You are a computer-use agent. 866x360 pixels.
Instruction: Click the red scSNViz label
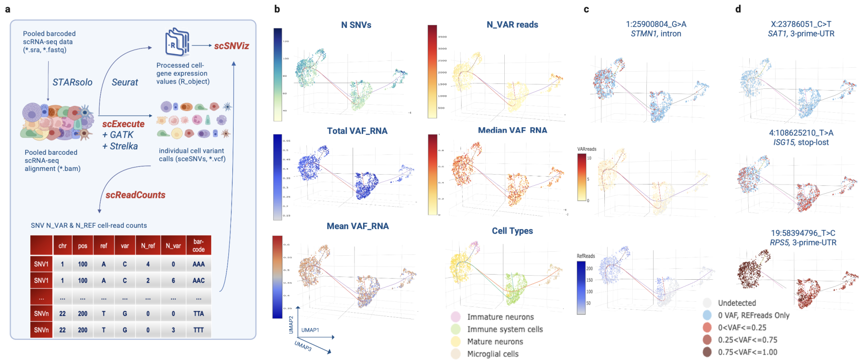click(231, 46)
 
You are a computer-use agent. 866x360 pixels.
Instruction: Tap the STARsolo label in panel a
click(72, 82)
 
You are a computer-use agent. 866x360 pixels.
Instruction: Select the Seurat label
click(125, 82)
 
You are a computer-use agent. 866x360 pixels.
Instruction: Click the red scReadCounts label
click(135, 195)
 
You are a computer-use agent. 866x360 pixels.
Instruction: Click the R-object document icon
click(177, 42)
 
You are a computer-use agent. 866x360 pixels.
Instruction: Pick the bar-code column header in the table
click(198, 245)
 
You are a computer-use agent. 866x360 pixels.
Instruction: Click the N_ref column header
click(148, 246)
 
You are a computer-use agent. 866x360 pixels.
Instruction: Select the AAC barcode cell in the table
click(198, 281)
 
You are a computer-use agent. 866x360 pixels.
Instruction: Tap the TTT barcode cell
click(198, 330)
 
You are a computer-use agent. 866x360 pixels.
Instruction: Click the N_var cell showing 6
click(173, 281)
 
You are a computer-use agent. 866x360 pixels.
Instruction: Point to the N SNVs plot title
click(356, 25)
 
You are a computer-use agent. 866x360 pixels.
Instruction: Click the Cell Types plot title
click(512, 231)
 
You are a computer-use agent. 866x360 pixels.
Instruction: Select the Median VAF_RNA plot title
click(512, 130)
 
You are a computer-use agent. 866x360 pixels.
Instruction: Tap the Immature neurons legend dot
click(456, 317)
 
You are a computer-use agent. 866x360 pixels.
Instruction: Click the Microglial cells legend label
click(493, 354)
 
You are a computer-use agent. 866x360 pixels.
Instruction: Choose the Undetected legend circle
click(707, 303)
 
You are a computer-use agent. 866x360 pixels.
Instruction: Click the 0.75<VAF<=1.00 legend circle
click(707, 352)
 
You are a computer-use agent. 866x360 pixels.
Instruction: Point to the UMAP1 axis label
click(310, 330)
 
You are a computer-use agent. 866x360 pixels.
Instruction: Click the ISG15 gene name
click(784, 143)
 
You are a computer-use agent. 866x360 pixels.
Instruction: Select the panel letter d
click(738, 9)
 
